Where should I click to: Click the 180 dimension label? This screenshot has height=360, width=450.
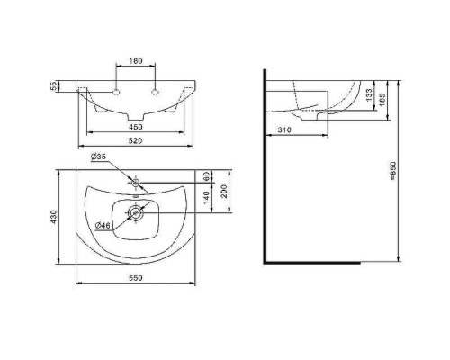(136, 61)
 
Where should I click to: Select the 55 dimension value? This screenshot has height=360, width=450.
(53, 86)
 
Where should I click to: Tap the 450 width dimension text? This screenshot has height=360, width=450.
(136, 127)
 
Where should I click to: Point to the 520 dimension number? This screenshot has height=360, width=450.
(136, 140)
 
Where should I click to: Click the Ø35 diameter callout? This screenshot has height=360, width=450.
(98, 157)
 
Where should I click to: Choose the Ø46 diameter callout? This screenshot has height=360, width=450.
(103, 225)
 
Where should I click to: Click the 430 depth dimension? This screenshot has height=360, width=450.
(53, 217)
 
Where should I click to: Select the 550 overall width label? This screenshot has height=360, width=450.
(136, 278)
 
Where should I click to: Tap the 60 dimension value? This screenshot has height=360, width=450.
(206, 176)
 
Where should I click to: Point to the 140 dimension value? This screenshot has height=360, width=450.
(206, 197)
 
